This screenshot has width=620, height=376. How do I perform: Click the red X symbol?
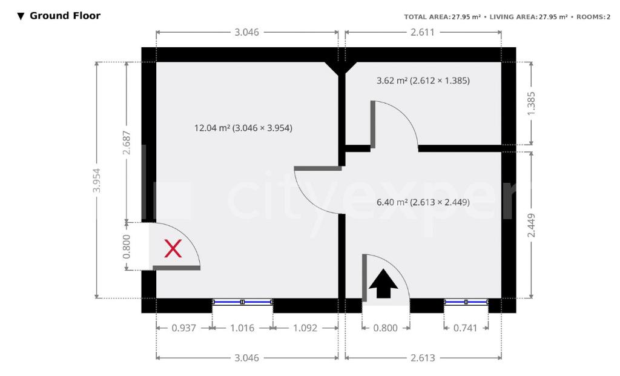point(173,249)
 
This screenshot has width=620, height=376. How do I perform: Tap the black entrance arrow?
point(383,283)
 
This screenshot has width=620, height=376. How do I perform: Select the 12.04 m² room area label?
point(243,128)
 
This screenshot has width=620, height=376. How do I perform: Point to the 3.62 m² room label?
point(423,81)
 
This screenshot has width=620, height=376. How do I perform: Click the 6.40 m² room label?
point(423,202)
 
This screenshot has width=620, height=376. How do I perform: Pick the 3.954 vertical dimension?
point(96,180)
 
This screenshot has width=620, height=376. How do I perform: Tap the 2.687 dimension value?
point(127,143)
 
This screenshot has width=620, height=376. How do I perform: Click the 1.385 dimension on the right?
point(532,104)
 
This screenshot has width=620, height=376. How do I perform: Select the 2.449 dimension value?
point(532,225)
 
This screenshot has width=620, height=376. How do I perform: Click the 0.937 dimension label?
point(184,328)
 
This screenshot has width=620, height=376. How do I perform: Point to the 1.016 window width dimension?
point(242,328)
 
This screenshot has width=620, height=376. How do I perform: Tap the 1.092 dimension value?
point(305,328)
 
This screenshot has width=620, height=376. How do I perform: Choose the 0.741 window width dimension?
point(466,328)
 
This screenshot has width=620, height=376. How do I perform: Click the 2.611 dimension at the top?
point(423,33)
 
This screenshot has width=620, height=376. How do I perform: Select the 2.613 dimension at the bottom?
point(423,358)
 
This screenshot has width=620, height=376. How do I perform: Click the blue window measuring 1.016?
point(242,302)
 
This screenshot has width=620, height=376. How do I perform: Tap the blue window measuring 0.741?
point(466,302)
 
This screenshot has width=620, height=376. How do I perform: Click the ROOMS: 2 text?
point(593,17)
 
